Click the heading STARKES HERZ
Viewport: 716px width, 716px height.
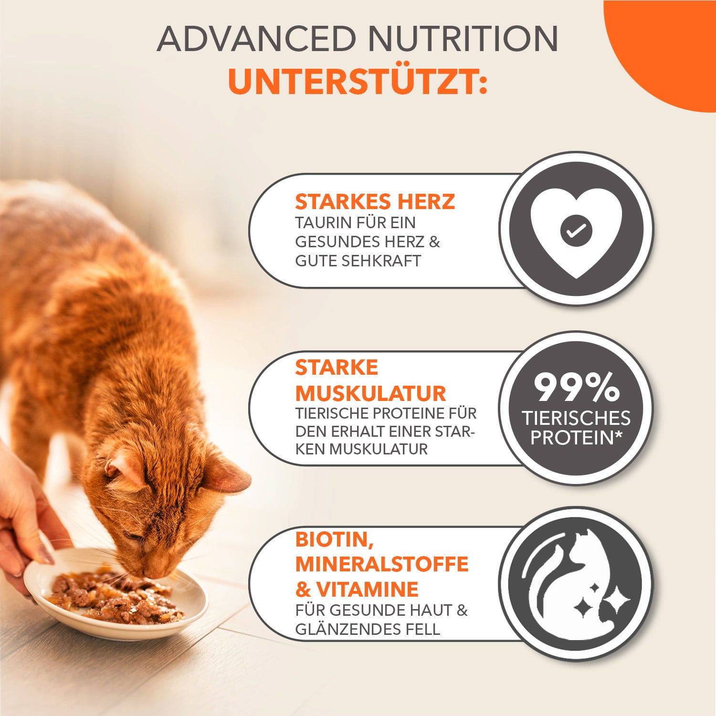[375, 201]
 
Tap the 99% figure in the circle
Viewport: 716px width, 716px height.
[576, 388]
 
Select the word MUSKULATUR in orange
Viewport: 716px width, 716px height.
[370, 394]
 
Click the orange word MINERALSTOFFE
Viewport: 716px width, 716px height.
[382, 564]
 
